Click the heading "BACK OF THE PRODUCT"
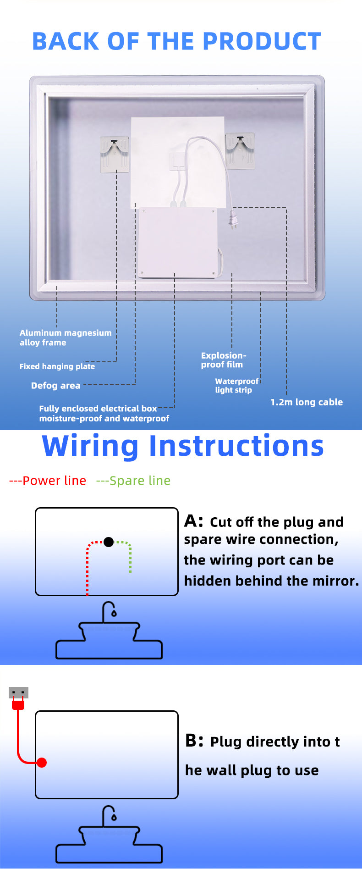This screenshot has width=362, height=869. pos(176,42)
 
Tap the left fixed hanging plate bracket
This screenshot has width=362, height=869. pos(115,155)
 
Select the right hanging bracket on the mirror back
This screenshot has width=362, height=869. pos(240,150)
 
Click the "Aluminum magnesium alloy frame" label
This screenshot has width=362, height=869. pos(65,338)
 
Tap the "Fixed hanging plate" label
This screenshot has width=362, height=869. pos(57,366)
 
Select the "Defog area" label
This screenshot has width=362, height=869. pos(55,386)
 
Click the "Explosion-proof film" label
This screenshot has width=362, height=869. pos(223,360)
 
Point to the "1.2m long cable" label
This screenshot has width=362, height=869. pos(306,402)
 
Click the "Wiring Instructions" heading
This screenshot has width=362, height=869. pos(182,446)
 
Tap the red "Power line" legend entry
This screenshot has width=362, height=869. pos(48,481)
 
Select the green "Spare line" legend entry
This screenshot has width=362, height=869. pos(133,481)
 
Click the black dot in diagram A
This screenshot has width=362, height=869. pos(109,542)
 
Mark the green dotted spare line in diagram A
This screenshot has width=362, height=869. pos(130,556)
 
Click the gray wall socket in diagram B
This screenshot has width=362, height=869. pos(18,692)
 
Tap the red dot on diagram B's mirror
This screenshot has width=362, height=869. pos(42,763)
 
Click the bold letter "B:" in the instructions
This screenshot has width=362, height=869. pos(194,741)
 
